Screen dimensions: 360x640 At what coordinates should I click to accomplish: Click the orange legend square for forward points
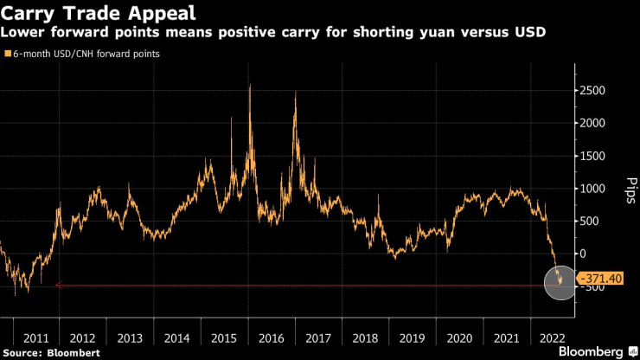click(x=8, y=54)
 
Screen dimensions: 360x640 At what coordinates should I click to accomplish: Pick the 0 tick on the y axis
click(x=586, y=254)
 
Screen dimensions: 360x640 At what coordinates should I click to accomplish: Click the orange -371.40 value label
click(x=601, y=279)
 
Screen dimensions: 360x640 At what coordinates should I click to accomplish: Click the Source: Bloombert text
click(x=52, y=353)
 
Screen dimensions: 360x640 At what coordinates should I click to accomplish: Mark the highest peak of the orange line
click(x=250, y=85)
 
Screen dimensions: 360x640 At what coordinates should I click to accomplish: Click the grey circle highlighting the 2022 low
click(x=560, y=282)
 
